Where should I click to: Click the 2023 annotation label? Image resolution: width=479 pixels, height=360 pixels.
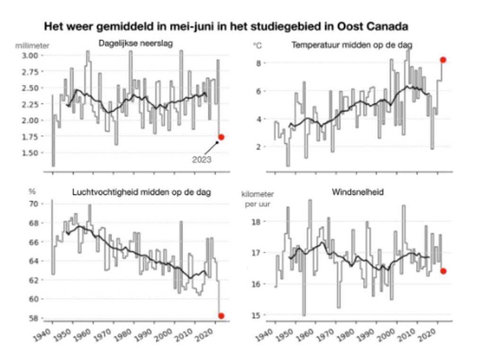(x=202, y=160)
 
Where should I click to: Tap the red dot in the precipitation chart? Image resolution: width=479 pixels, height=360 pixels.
(x=221, y=137)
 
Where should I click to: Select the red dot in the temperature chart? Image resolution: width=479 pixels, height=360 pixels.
(x=443, y=60)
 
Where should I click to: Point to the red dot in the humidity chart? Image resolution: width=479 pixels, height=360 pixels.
(x=221, y=316)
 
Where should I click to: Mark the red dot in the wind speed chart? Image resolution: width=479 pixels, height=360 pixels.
(x=443, y=271)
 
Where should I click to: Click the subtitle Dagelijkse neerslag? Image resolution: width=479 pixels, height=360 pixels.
(x=136, y=44)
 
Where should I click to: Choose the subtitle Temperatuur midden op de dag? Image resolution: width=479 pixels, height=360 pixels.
(x=352, y=45)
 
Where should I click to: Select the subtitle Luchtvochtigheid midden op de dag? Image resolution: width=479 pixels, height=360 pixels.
(x=142, y=192)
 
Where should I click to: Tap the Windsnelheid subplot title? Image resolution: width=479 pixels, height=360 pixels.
(x=357, y=192)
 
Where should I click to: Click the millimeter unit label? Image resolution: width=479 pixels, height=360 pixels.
(x=32, y=46)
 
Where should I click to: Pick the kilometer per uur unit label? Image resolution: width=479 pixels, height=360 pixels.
(x=257, y=199)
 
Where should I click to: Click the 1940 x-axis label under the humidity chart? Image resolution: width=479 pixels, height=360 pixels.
(x=43, y=335)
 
